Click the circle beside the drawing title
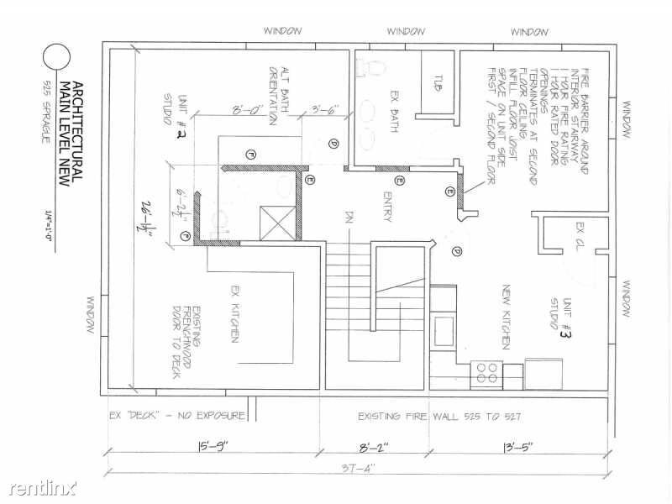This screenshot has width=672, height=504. click(x=57, y=57)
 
